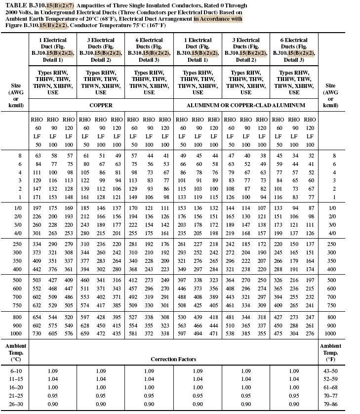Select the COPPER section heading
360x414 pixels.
click(x=101, y=105)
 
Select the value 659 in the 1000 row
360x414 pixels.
click(x=84, y=333)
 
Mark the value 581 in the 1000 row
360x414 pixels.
click(x=133, y=333)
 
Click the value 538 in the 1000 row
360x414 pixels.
click(x=230, y=333)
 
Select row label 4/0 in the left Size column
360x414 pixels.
click(x=15, y=233)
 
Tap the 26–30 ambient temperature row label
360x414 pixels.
click(x=15, y=404)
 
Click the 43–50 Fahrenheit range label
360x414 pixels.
click(x=330, y=371)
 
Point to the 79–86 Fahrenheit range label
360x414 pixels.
click(x=330, y=404)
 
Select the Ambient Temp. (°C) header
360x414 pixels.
click(x=15, y=353)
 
